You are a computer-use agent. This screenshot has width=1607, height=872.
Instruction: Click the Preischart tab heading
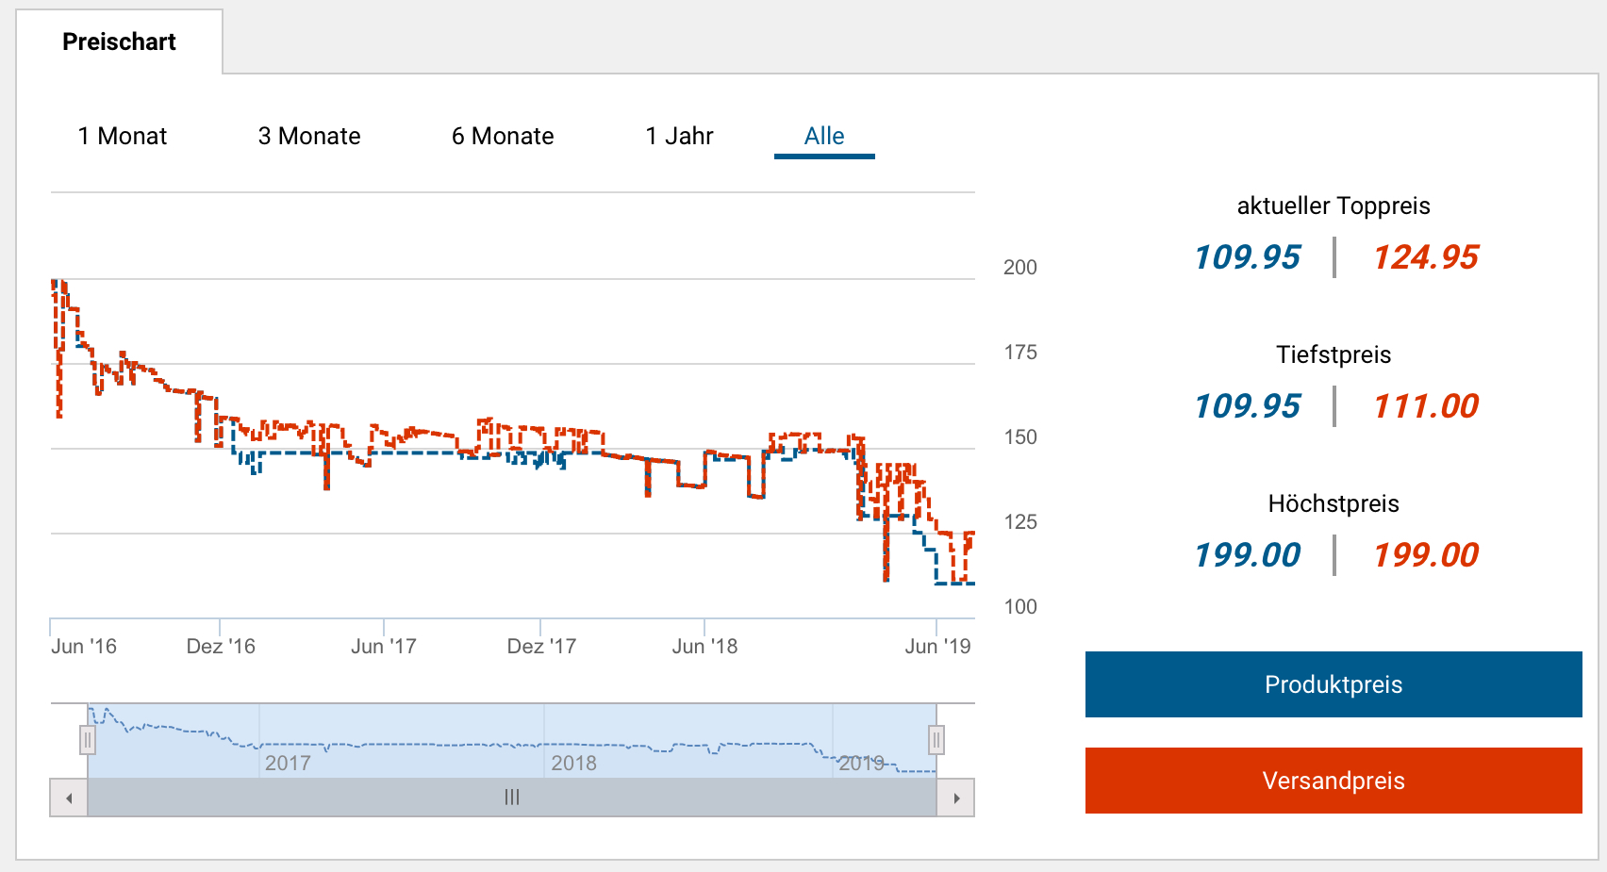pos(119,42)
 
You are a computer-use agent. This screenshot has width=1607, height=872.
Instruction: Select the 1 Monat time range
pos(123,137)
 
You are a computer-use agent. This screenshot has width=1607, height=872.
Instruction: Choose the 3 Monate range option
pos(309,137)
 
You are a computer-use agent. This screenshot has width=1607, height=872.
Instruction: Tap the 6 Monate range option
pos(503,137)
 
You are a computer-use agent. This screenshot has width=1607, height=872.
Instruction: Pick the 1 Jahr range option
pos(679,137)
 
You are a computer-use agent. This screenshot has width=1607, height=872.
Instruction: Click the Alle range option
pos(824,137)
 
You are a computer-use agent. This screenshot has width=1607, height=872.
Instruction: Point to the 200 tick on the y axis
pos(1019,268)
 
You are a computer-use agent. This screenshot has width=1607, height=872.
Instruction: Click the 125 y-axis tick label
pos(1019,522)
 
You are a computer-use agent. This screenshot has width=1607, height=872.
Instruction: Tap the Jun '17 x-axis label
pos(383,647)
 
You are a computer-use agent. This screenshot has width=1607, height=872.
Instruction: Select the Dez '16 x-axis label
pos(221,647)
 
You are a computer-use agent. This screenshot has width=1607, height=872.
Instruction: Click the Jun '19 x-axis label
pos(937,647)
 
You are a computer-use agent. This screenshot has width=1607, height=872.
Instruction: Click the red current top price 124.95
pos(1425,257)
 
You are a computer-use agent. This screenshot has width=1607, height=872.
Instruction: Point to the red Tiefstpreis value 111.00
pos(1425,406)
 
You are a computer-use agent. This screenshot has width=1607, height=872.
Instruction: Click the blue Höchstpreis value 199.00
pos(1247,555)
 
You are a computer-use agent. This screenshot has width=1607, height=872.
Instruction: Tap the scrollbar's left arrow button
pos(69,798)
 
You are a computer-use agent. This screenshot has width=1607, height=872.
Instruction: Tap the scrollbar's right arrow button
pos(956,798)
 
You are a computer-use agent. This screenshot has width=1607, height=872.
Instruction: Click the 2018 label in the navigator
pos(573,764)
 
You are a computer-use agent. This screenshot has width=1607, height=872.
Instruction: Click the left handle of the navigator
pos(88,740)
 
